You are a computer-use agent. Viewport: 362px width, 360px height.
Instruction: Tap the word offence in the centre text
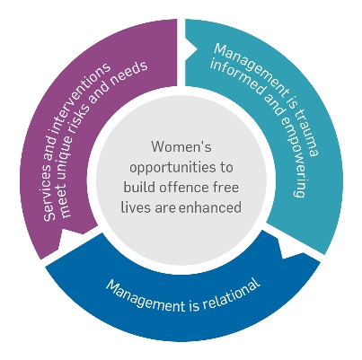(183, 188)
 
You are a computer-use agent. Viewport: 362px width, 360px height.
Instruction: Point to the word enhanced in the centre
(210, 207)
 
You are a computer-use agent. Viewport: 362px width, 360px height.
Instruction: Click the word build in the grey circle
(140, 188)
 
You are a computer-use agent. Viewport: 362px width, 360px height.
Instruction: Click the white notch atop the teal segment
(191, 51)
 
